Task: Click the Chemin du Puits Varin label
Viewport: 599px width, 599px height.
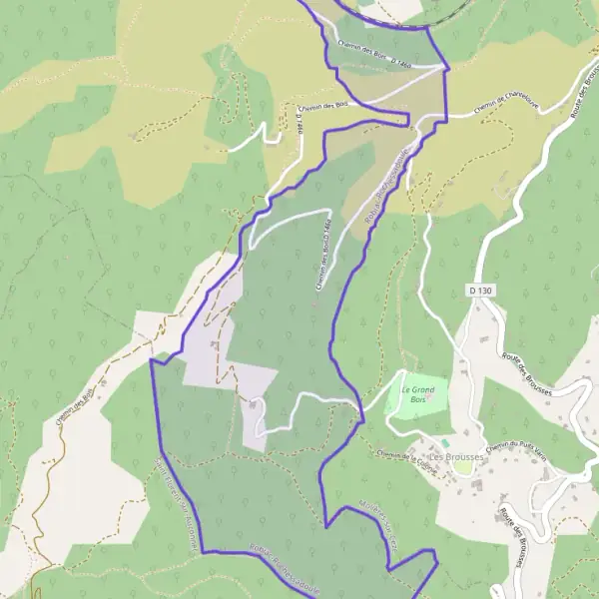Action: coord(517,446)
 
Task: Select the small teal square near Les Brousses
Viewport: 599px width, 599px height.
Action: coord(445,441)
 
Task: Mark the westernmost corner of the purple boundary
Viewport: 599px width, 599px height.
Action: coord(151,360)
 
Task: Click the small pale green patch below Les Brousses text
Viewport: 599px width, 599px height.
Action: coord(462,468)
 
